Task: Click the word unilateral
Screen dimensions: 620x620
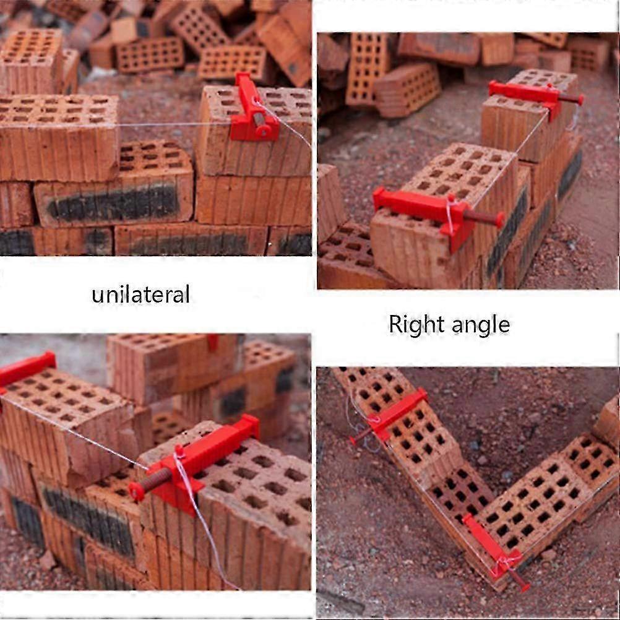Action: click(x=140, y=295)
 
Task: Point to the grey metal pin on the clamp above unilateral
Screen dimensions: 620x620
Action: click(x=259, y=119)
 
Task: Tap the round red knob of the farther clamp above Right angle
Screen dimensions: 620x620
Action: click(x=580, y=100)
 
